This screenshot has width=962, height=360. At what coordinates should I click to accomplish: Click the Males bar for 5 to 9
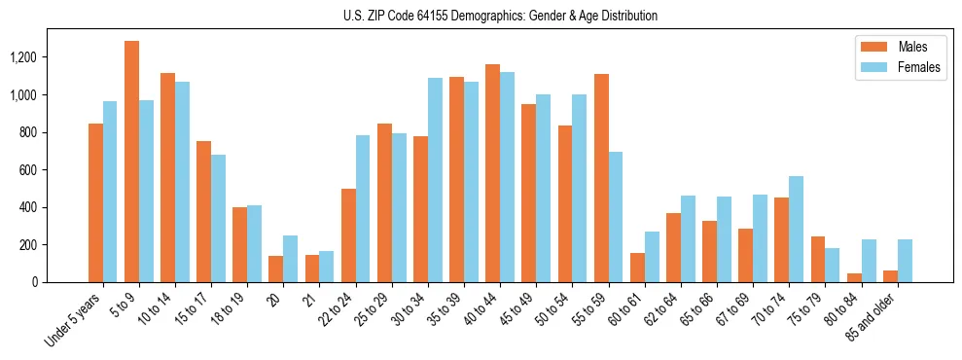pos(131,162)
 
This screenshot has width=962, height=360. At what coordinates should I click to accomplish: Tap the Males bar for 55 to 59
pos(601,178)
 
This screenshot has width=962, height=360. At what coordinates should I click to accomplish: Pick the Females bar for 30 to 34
pos(435,180)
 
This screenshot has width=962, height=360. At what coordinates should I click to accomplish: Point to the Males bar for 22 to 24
pos(348,235)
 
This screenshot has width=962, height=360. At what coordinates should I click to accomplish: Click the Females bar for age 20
pos(290,259)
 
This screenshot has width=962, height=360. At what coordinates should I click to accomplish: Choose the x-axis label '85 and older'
pos(873,316)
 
